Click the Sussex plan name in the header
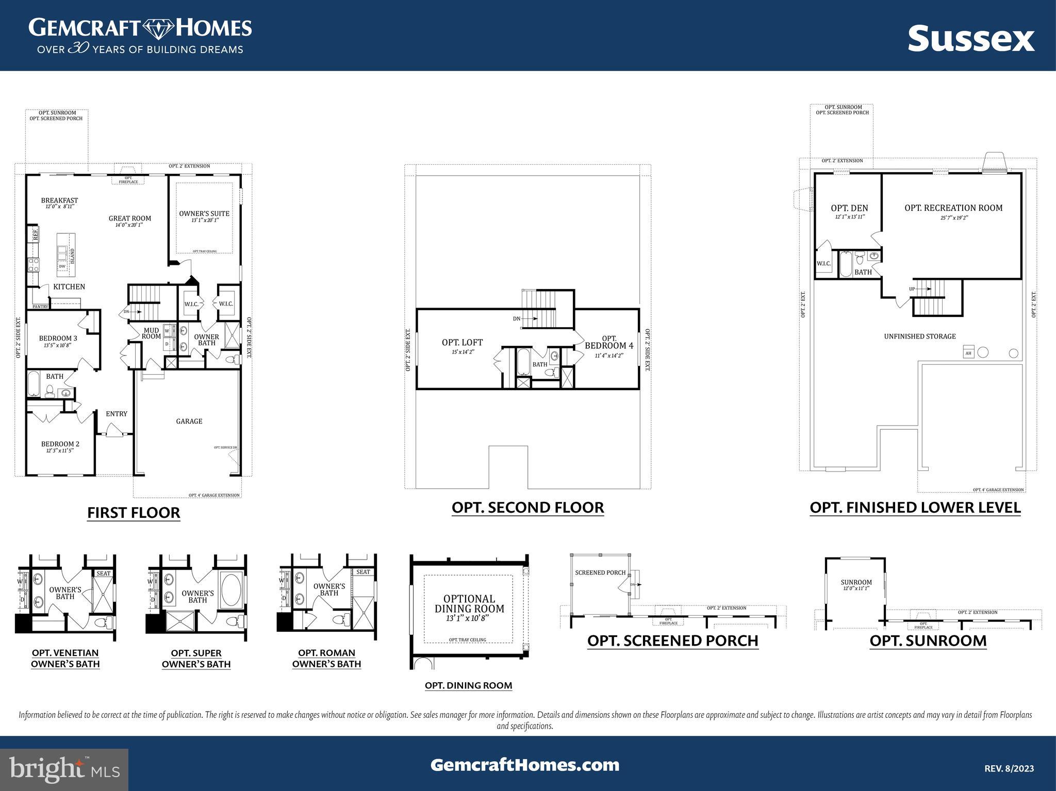(x=971, y=39)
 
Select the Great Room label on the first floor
(x=129, y=218)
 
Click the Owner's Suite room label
(x=204, y=213)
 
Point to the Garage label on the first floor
(x=189, y=421)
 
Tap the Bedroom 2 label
(x=60, y=444)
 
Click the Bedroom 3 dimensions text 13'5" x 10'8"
(x=58, y=345)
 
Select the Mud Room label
(x=151, y=333)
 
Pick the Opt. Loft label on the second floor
(x=462, y=342)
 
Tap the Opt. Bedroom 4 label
(x=609, y=343)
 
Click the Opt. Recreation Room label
(x=953, y=208)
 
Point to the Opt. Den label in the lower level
(x=849, y=208)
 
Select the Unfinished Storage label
(x=920, y=336)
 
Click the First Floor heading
(x=134, y=513)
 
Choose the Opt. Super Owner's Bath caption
(x=196, y=659)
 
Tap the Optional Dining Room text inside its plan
(x=469, y=603)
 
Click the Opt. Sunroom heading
(x=928, y=641)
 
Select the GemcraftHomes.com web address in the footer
(x=525, y=765)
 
